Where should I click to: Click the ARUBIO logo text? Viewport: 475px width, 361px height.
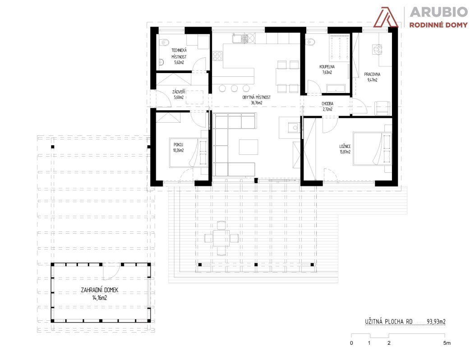pos(438,12)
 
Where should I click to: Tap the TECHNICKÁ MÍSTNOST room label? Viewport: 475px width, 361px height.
pos(179,53)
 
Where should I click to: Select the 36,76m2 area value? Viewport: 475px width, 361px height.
pos(257,103)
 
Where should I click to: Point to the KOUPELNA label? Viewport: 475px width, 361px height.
pos(327,67)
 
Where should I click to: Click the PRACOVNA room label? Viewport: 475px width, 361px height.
pos(372,74)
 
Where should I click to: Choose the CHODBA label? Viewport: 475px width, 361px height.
pos(327,104)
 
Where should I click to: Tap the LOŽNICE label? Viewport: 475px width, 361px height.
pos(345,146)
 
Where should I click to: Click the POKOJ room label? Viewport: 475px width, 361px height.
pos(179,144)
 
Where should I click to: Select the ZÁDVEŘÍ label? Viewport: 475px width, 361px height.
pos(179,92)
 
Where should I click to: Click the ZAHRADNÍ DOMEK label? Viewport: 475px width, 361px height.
pos(99,290)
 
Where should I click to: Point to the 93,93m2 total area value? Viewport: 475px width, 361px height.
pos(436,322)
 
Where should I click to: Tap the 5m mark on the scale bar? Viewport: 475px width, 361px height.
pos(447,343)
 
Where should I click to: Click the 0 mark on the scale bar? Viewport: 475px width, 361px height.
pos(351,343)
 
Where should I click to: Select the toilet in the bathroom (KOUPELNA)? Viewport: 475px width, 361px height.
pos(310,42)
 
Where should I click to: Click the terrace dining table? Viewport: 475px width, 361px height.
pos(221,238)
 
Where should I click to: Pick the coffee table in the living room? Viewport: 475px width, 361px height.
pos(249,147)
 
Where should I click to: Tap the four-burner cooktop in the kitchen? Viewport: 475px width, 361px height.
pos(217,56)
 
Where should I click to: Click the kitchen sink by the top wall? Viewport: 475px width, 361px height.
pos(240,38)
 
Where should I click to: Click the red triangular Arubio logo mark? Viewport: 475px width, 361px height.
pos(386,17)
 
